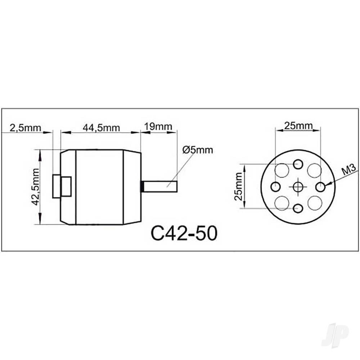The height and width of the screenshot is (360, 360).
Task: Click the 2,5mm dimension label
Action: [x=21, y=128]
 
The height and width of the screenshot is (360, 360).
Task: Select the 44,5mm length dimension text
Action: [x=101, y=128]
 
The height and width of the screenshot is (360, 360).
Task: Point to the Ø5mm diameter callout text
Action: [x=197, y=150]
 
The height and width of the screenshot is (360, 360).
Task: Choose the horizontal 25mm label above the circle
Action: [x=298, y=126]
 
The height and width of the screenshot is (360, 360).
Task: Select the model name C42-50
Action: [x=184, y=234]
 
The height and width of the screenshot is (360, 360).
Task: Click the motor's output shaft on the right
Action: [x=162, y=186]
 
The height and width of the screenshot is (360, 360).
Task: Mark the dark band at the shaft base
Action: [x=142, y=186]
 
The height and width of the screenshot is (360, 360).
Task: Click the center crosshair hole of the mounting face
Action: [x=298, y=186]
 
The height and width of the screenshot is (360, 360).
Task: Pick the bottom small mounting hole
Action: [x=298, y=208]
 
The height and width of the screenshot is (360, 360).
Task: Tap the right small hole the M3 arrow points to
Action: [x=320, y=186]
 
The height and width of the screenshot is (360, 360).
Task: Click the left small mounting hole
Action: [x=275, y=186]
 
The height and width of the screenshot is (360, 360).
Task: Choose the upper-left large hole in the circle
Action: [x=282, y=170]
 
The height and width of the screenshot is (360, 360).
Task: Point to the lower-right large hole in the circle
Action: [x=314, y=203]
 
